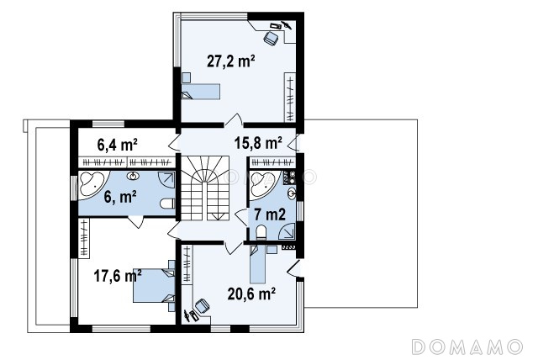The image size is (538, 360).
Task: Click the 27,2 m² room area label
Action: (230, 61)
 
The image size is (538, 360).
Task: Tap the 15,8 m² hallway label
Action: (258, 142)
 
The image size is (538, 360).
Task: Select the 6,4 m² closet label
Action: (118, 145)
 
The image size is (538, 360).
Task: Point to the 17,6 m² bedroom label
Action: (118, 275)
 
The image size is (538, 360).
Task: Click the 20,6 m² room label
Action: (251, 294)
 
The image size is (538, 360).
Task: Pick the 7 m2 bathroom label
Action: (270, 214)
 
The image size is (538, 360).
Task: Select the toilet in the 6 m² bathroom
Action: (167, 204)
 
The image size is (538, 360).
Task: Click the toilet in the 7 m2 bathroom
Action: (261, 232)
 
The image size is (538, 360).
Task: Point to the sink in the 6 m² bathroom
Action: (133, 177)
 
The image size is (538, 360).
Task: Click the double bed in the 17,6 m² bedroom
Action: (154, 285)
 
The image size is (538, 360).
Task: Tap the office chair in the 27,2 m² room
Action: (271, 38)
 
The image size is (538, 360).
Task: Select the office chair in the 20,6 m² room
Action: (202, 306)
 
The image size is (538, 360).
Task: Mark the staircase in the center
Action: (205, 188)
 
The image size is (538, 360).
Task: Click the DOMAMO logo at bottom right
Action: (467, 347)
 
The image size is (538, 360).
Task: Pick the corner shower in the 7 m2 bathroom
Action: (287, 230)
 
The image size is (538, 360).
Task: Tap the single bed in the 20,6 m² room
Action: (258, 264)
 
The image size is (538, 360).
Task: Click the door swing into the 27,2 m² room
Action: (234, 119)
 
